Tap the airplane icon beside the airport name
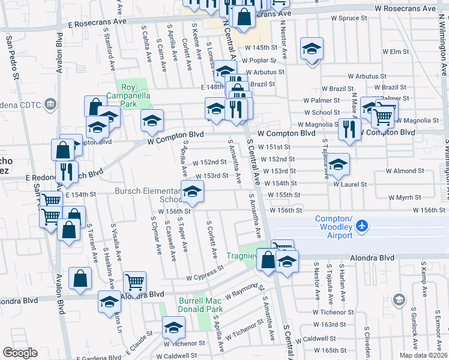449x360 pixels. [361, 226]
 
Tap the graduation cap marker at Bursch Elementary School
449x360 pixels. [191, 192]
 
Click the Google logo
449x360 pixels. [20, 353]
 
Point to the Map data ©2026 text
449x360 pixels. [424, 355]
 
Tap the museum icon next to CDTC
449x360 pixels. [51, 105]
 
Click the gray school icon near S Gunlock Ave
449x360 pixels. [399, 299]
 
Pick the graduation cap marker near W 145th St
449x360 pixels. [312, 48]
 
